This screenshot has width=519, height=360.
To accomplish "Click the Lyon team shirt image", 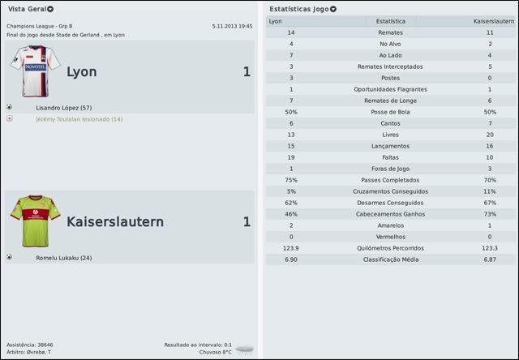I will coord(31,71).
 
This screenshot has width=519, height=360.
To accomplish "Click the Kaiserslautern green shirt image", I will coord(35,219).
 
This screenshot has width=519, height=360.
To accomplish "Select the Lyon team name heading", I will coord(81,72).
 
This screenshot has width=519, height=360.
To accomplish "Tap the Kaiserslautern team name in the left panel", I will coord(114,221).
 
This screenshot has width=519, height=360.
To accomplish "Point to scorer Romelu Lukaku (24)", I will coord(63,258).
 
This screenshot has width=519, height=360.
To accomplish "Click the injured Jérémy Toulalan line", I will coord(79,119).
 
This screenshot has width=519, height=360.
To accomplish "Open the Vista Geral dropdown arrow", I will coord(51,9).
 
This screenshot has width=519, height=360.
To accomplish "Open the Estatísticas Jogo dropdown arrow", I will coord(333,9).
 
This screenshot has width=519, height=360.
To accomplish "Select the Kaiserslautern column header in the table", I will coord(494,20).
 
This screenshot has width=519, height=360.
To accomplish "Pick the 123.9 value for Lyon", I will coord(291,247).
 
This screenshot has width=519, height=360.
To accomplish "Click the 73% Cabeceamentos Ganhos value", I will coord(489,213).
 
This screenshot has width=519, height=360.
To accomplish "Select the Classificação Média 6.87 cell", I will coord(489,259).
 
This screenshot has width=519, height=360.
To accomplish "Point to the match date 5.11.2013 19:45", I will coord(232,26).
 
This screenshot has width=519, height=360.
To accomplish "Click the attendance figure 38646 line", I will coord(30,345).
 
